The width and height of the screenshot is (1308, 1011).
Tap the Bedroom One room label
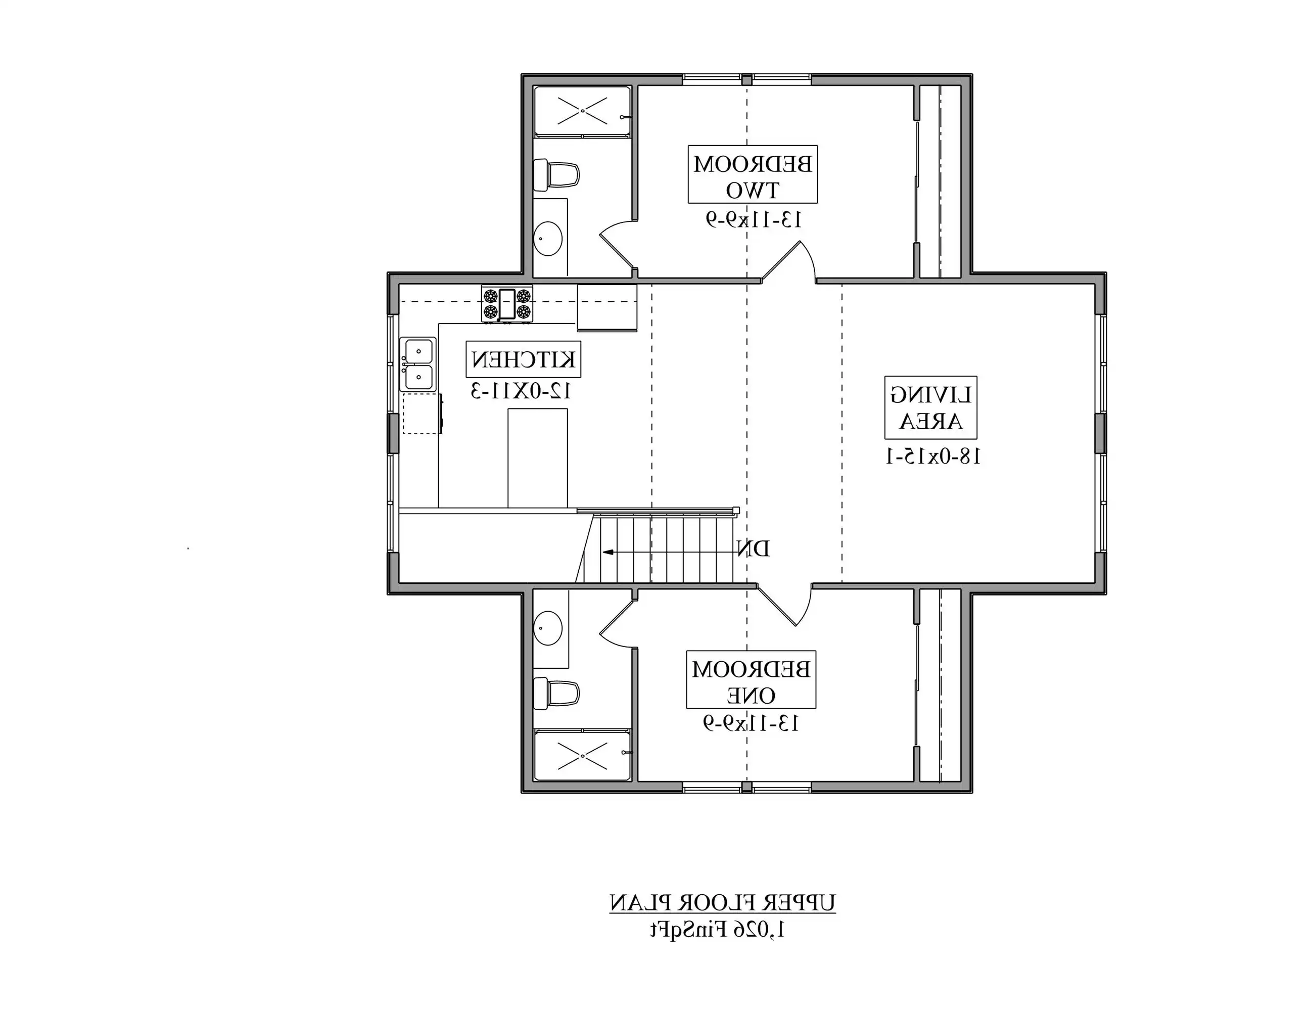(x=751, y=679)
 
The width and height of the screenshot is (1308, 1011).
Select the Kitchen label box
(x=524, y=359)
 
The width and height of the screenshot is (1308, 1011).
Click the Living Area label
(x=930, y=407)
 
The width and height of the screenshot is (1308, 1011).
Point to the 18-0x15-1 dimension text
(x=932, y=457)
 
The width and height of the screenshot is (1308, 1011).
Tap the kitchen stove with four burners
(x=507, y=304)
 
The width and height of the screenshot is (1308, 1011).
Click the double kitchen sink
(x=417, y=364)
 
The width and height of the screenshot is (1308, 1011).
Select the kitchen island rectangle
(x=537, y=458)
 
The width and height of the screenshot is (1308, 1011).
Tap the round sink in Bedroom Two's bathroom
(x=547, y=239)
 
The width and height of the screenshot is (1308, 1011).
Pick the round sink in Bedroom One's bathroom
(x=547, y=628)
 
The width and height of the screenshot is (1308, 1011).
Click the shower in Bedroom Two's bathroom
(x=582, y=111)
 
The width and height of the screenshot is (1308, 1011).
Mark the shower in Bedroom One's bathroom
(x=582, y=756)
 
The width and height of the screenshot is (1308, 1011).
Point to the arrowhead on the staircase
(x=608, y=552)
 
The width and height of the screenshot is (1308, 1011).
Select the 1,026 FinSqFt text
(x=718, y=930)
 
